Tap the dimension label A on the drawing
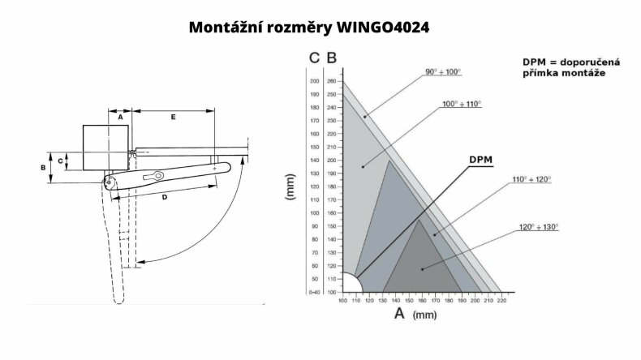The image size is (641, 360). coord(120,117)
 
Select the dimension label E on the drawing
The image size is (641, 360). coord(173,117)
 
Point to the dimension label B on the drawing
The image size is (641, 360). coord(43,167)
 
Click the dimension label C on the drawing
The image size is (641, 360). coord(62,161)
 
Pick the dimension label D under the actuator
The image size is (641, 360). coord(165,196)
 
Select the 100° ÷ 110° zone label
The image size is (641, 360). coord(461,104)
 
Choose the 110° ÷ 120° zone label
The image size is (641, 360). coord(531,178)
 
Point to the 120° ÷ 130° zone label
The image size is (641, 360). coord(539,226)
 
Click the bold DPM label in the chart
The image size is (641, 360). coord(480,158)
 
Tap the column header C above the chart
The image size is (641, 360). coord(313,58)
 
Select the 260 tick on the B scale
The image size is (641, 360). coord(331,81)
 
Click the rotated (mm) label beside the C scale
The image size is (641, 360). coord(290,186)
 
